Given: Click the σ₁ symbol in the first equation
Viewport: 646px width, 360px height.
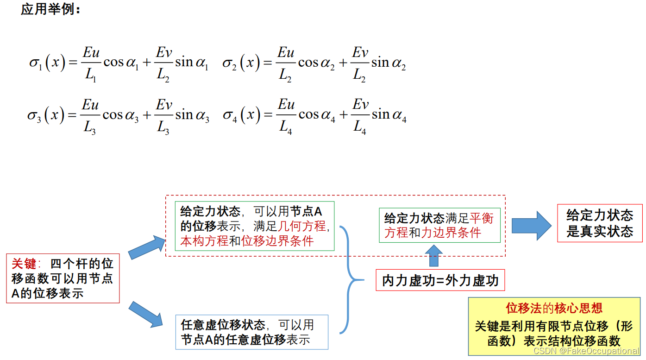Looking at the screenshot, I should (x=36, y=63).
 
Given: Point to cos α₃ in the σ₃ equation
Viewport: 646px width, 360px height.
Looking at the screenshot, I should (x=120, y=115).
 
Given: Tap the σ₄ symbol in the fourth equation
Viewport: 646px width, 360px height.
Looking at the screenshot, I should (x=230, y=115).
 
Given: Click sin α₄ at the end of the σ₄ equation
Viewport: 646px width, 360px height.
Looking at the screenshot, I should (x=389, y=115).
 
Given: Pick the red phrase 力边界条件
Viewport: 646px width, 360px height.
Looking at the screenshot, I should (x=451, y=233).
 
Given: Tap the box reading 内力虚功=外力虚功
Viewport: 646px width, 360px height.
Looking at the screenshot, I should (x=440, y=281).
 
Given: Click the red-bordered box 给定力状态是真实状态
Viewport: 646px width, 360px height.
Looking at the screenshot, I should (x=600, y=223).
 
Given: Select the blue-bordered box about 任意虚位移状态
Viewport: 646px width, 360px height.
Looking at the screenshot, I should (x=252, y=332).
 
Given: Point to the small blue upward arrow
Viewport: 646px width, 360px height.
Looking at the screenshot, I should (x=434, y=255).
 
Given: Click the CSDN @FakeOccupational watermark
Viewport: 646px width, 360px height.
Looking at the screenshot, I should (x=586, y=351).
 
